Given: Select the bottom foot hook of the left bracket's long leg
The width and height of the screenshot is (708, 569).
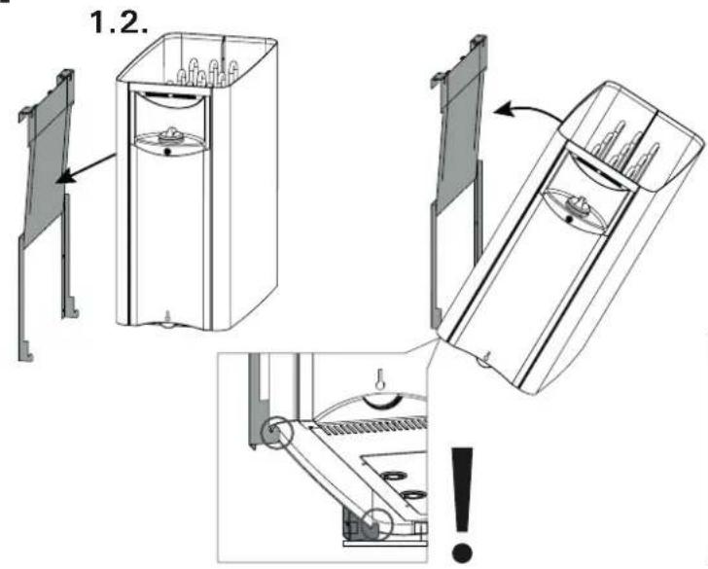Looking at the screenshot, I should click(x=28, y=350).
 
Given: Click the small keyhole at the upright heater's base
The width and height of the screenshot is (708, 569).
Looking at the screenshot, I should click(x=168, y=315).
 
